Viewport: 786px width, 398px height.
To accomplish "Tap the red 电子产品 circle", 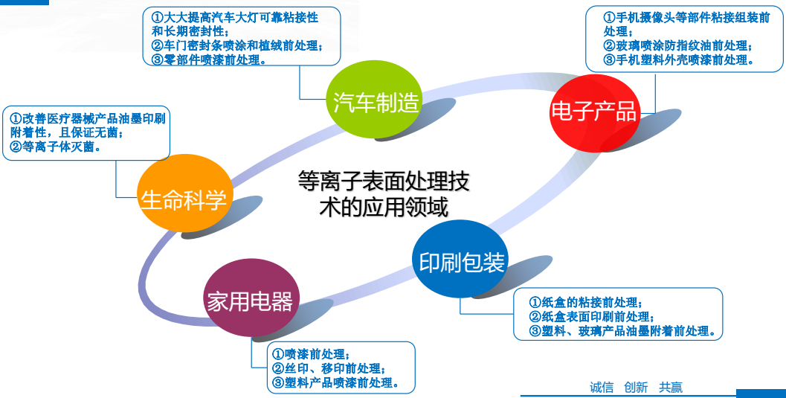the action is point(594,113).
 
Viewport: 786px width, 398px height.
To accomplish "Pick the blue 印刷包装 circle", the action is point(460,259).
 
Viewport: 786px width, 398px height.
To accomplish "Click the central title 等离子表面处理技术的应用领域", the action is point(384,193).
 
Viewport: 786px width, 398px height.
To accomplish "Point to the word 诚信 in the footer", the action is point(602,388).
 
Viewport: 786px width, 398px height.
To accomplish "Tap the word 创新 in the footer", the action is point(636,388).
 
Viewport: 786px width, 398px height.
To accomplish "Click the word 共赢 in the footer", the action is point(671,388).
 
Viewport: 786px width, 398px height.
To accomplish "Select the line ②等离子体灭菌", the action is point(55,147).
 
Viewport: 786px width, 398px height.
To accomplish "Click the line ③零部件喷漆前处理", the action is point(209,60).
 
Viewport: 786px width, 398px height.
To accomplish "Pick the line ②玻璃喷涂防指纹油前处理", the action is point(677,46).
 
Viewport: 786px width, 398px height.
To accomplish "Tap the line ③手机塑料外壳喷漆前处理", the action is point(679,60).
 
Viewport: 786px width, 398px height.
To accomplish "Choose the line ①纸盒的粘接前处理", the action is point(586,303).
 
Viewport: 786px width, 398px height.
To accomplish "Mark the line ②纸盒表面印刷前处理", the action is point(592,317).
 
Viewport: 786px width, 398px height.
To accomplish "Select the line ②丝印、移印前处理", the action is point(329,368).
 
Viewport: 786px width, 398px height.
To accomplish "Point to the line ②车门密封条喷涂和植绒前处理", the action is point(237,46).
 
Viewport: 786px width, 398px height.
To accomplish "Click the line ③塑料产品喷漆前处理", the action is point(335,383).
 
